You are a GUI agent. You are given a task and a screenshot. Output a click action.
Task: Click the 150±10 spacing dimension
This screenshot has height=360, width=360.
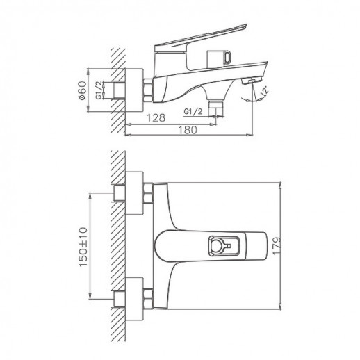click(x=82, y=247)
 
